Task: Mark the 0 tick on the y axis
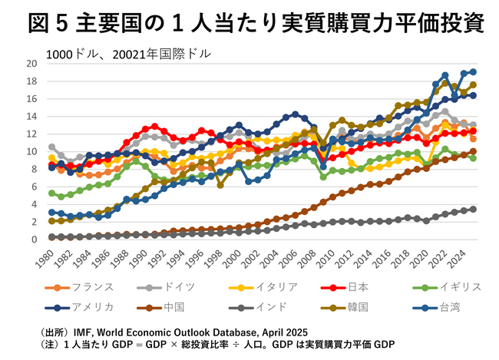click(34, 239)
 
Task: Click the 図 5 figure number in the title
click(42, 23)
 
